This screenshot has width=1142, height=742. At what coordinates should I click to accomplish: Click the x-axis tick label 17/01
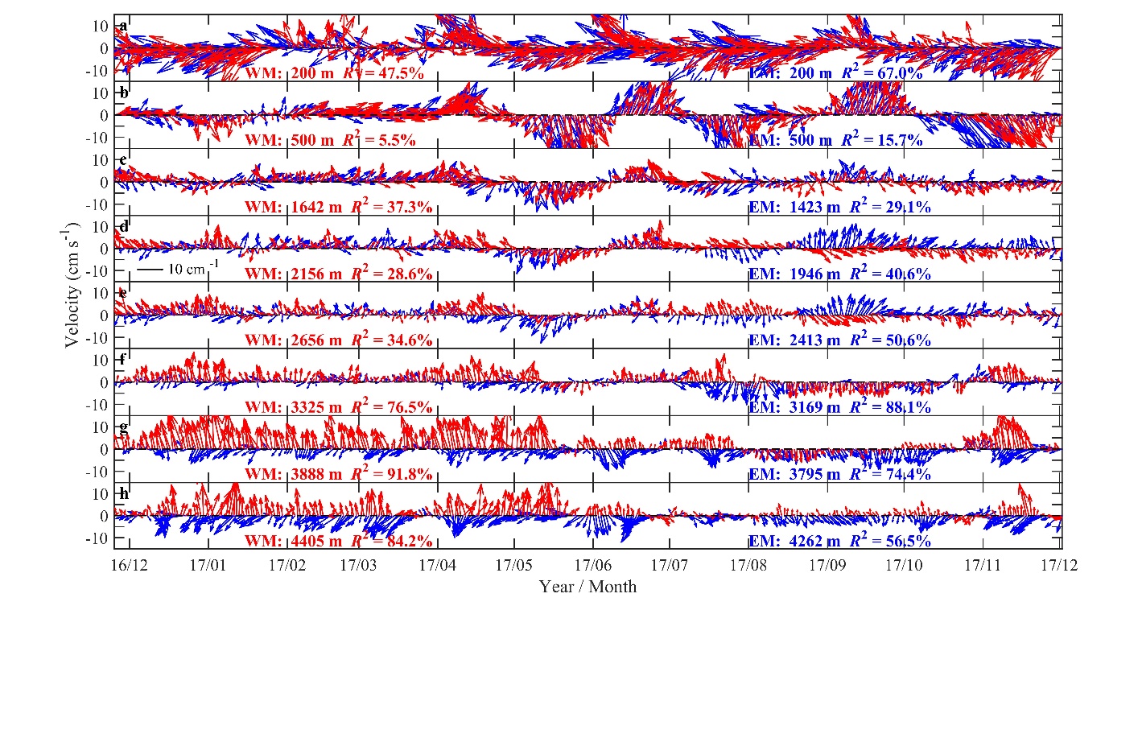pyautogui.click(x=208, y=565)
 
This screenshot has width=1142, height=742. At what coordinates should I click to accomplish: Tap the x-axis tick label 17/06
pyautogui.click(x=592, y=565)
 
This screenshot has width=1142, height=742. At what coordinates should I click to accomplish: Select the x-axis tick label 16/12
pyautogui.click(x=129, y=565)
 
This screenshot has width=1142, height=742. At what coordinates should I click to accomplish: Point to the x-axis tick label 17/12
pyautogui.click(x=1058, y=565)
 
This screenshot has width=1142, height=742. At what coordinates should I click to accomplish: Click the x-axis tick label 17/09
pyautogui.click(x=827, y=565)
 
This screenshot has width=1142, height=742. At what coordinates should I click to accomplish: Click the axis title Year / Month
pyautogui.click(x=587, y=587)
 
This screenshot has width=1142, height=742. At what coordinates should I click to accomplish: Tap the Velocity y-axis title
pyautogui.click(x=72, y=285)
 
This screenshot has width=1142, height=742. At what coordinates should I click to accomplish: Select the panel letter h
pyautogui.click(x=123, y=493)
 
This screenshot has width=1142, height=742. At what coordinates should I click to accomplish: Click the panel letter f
pyautogui.click(x=122, y=359)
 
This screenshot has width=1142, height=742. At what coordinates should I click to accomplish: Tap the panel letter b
pyautogui.click(x=123, y=93)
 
